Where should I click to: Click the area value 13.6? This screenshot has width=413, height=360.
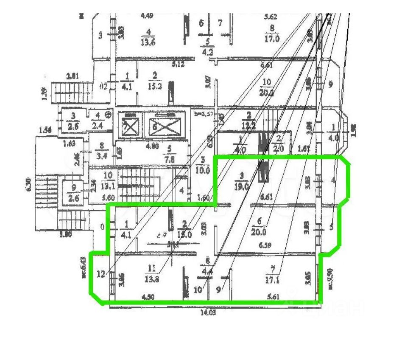tap(148, 42)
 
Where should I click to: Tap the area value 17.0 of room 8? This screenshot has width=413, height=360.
tap(272, 39)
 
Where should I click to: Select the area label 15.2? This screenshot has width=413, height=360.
tap(155, 86)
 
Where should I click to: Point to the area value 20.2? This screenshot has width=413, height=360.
tap(267, 92)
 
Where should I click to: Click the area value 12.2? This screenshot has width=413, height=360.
tap(249, 125)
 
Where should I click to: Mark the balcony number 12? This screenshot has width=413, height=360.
tap(100, 274)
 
